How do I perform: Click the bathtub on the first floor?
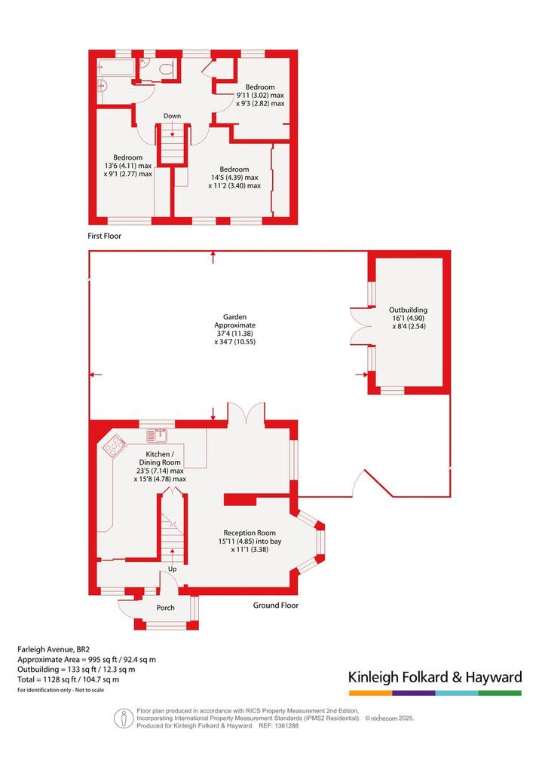pos(117,68)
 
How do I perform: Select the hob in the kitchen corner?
pos(115,446)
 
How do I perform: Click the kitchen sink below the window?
pos(158,435)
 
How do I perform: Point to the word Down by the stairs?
pos(173,116)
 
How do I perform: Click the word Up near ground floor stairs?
pos(172,569)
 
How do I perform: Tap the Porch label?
pos(165,607)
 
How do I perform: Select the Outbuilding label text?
pos(408,310)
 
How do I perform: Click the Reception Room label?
pos(250,532)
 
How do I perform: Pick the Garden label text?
pos(235,316)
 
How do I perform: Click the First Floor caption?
pos(104,236)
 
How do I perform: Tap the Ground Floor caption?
pos(276,605)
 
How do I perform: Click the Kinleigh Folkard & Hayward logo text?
pos(435,677)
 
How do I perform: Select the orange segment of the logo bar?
pos(370,693)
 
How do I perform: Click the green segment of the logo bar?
pos(501,693)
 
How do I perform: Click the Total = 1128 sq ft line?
pos(68,679)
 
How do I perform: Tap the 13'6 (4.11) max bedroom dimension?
pos(127,166)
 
